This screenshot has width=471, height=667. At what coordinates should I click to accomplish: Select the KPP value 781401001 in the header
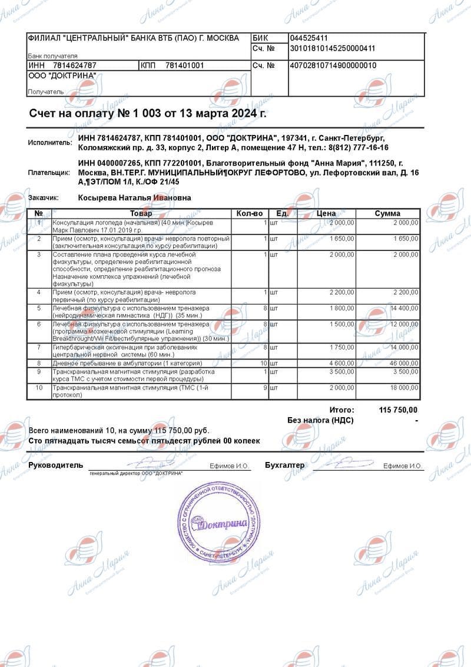(x=184, y=65)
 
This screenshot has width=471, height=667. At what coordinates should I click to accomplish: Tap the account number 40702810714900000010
(x=333, y=65)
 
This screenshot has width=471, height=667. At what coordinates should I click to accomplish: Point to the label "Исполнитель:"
(x=50, y=143)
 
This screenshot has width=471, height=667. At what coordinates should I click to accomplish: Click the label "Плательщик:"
(x=50, y=173)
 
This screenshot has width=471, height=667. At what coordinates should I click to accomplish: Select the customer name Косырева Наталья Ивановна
(x=135, y=199)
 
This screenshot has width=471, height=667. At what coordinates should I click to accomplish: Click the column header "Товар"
(x=141, y=213)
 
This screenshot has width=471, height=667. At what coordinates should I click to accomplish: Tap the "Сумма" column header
(x=387, y=213)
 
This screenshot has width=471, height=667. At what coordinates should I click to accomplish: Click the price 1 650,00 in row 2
(x=342, y=239)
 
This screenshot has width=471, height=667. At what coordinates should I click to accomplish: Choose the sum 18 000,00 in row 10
(x=403, y=388)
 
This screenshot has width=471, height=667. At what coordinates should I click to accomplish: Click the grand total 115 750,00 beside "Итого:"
(x=399, y=410)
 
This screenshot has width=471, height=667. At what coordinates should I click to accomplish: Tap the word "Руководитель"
(x=56, y=465)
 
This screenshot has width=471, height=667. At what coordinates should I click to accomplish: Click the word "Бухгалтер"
(x=285, y=465)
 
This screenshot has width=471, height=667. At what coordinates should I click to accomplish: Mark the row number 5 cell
(x=39, y=308)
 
